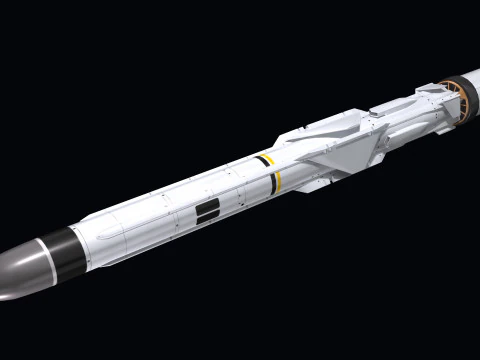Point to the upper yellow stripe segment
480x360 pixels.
point(265,159)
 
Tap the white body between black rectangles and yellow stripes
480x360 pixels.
point(240,190)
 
